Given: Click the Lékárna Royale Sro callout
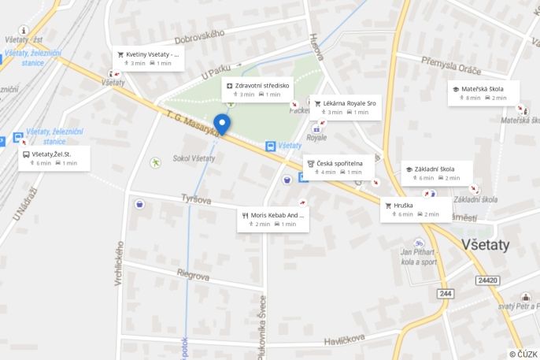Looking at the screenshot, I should point(344,107).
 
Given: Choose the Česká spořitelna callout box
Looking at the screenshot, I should point(339,167).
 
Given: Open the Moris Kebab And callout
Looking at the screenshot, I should point(273,219).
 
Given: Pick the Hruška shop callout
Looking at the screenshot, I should point(416,209).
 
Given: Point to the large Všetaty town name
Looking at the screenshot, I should point(486,245).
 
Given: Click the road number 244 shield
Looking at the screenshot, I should point(446,293).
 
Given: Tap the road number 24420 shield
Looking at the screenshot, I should point(487,280).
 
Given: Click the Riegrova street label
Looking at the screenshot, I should point(193,276).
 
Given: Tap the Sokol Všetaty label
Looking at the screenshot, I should point(194,158).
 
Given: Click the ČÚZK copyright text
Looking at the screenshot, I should point(523,354).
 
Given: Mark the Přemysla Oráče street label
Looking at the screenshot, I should point(450,64).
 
